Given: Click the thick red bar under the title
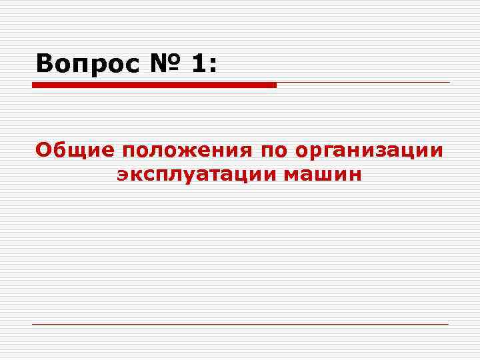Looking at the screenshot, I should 154,85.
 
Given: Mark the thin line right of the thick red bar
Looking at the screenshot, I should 363,83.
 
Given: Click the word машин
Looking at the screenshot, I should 323,175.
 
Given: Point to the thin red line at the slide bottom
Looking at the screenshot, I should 240,324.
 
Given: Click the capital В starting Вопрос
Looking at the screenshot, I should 45,64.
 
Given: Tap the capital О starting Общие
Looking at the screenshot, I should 43,149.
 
